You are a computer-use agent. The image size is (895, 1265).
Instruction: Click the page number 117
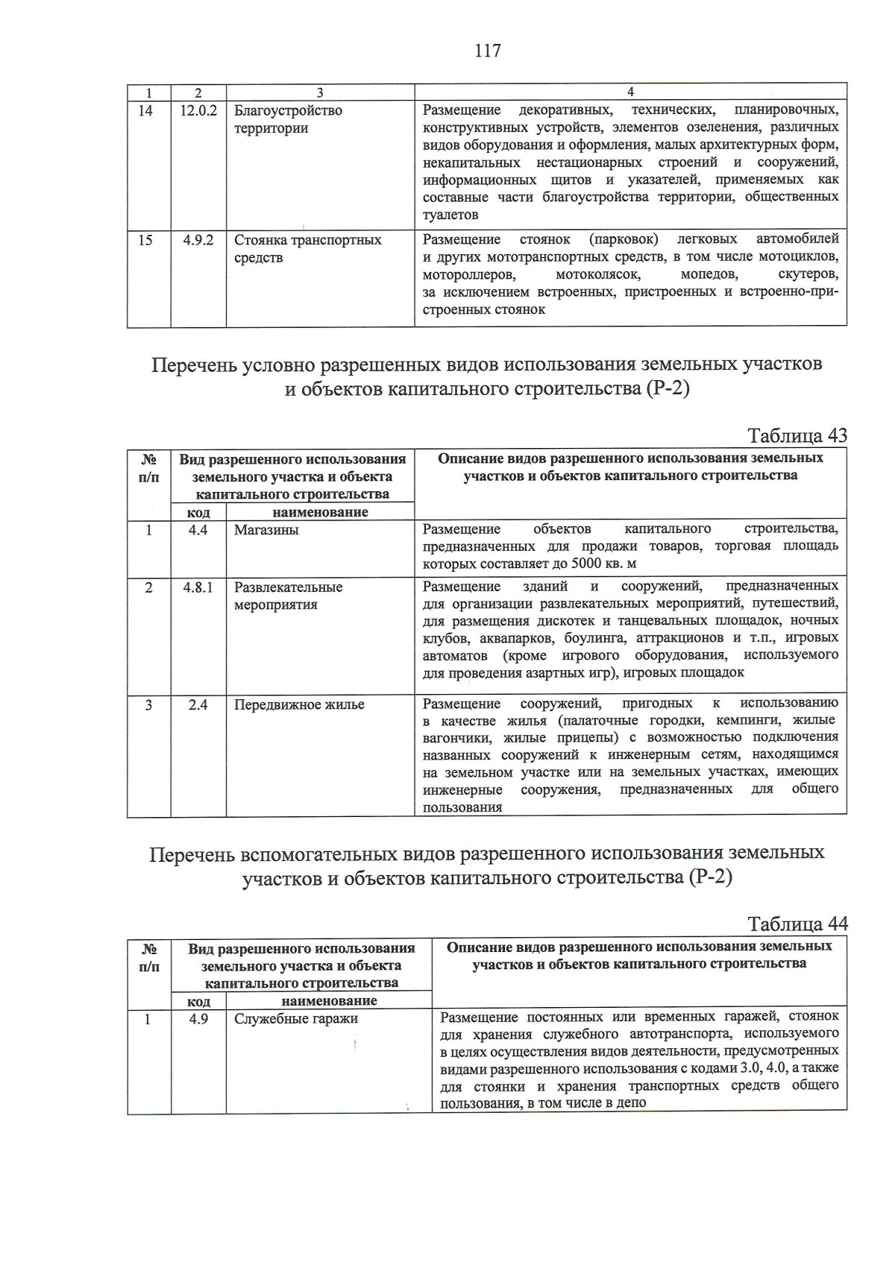coord(487,51)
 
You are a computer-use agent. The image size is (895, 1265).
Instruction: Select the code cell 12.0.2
coord(198,111)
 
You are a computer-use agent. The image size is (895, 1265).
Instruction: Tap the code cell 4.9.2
coord(198,240)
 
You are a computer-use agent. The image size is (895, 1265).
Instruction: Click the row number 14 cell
coord(146,111)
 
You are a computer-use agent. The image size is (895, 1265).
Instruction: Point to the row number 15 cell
coord(146,240)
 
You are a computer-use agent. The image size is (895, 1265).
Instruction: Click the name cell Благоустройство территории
coord(288,119)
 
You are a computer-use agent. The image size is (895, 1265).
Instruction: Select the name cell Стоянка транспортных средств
coord(307,249)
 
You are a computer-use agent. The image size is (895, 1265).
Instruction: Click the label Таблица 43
coord(797,436)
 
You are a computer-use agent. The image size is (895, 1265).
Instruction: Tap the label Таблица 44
coord(797,924)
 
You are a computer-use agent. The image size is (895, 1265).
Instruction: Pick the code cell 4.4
coord(198,530)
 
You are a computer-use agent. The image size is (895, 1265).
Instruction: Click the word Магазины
coord(266,530)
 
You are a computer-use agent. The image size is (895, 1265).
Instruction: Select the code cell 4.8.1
coord(198,587)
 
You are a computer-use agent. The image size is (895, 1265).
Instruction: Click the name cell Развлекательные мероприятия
coord(288,596)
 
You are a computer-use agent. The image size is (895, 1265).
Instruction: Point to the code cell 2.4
coord(198,704)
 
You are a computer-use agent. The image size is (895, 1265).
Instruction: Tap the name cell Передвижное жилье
coord(299,704)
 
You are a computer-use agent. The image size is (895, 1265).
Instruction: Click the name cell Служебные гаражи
coord(296,1019)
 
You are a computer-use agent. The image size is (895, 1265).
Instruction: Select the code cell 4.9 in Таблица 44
coord(198,1019)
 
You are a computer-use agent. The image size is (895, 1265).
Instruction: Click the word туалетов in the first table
coord(450,215)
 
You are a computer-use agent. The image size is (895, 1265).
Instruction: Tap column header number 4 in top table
coord(630,92)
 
